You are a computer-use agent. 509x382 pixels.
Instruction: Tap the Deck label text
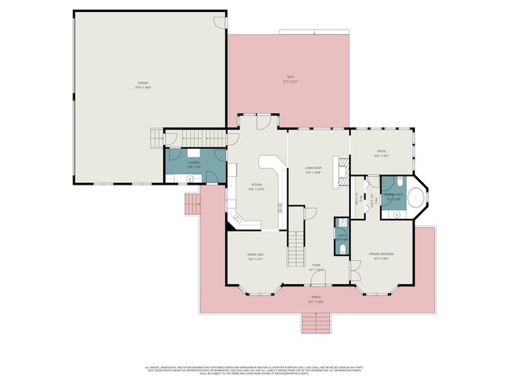click(x=290, y=79)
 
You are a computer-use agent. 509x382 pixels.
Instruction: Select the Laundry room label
click(x=193, y=163)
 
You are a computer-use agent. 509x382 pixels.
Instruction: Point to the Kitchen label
click(x=256, y=187)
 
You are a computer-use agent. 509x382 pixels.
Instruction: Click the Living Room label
click(x=313, y=170)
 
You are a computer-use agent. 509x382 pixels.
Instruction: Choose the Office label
click(x=381, y=154)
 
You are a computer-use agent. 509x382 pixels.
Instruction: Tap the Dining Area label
click(x=255, y=256)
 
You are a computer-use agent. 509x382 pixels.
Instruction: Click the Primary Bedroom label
click(x=381, y=256)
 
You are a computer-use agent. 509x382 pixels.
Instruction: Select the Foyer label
click(x=317, y=267)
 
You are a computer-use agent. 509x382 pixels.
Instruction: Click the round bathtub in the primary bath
click(x=414, y=200)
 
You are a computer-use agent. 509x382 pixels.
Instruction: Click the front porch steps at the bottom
click(x=316, y=323)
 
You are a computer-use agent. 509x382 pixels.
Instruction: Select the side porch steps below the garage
click(x=191, y=207)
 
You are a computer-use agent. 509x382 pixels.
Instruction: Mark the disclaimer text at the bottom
click(x=254, y=369)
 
